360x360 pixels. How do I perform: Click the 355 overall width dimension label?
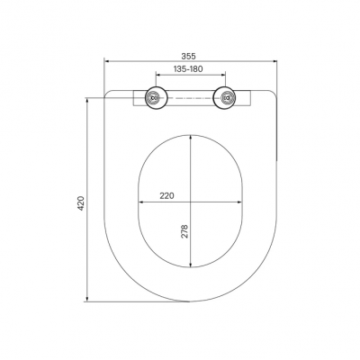click(x=188, y=56)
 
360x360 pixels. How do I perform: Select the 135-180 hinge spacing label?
click(x=188, y=69)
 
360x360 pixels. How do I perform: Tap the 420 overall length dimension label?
click(x=81, y=203)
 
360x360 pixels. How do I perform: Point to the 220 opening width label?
click(x=166, y=196)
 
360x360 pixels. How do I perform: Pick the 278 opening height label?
click(x=184, y=231)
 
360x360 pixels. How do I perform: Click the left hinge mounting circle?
click(x=155, y=98)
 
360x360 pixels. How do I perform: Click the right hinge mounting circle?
click(x=225, y=98)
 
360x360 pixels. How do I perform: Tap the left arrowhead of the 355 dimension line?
click(x=106, y=61)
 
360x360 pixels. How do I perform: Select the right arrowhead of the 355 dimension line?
click(x=274, y=61)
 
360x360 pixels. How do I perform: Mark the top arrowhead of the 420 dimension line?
click(x=87, y=100)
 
